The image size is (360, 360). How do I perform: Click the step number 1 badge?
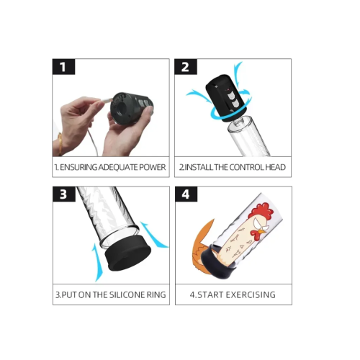click(63, 67)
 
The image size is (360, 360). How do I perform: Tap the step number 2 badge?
click(186, 67)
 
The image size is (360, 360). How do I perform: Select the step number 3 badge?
click(64, 194)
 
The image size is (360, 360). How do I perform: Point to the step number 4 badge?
click(186, 194)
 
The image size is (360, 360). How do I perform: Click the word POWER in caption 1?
click(153, 167)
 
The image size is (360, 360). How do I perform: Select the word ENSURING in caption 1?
click(78, 167)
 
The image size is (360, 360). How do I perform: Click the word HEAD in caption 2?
click(275, 167)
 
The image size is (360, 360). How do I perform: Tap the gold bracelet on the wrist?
click(59, 145)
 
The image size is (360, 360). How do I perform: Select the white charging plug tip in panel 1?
click(107, 100)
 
